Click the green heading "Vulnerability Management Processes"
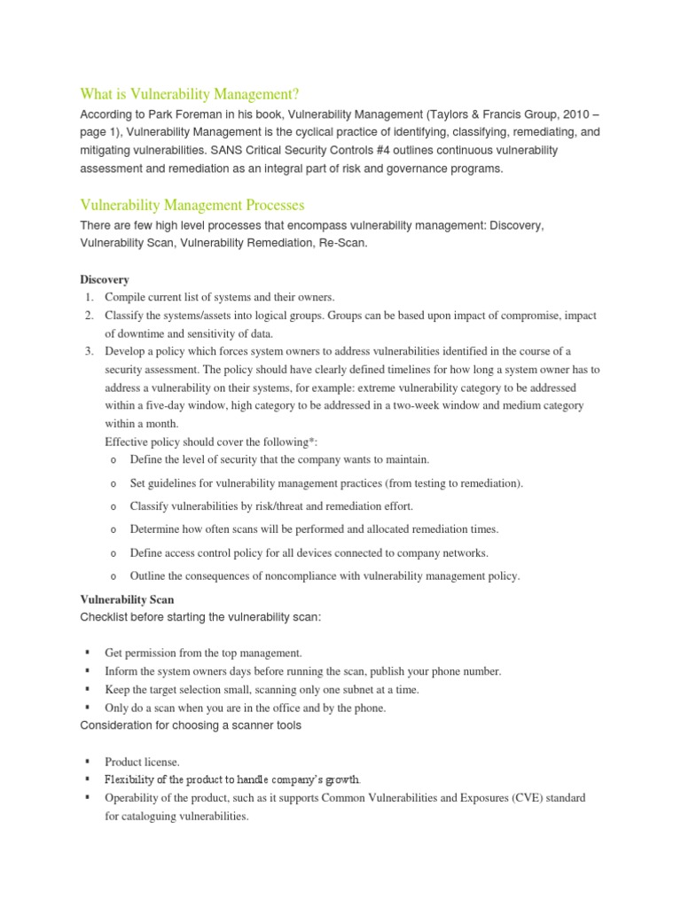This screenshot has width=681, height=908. pos(192,205)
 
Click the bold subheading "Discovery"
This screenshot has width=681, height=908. pos(105,279)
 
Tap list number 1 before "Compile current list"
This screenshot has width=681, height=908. pos(90,297)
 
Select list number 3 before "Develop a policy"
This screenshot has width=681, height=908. pos(90,351)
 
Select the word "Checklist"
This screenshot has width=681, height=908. pos(107,617)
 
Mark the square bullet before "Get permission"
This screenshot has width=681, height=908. pos(88,653)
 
